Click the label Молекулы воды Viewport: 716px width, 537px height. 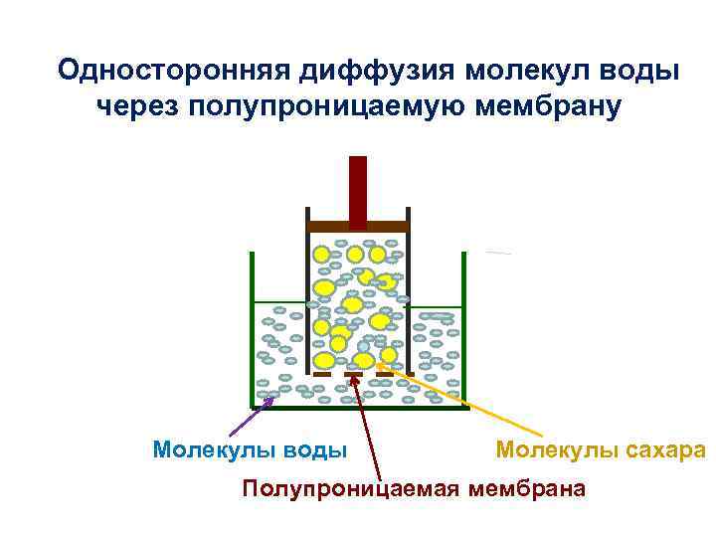pyautogui.click(x=250, y=449)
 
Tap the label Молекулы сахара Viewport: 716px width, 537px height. pyautogui.click(x=600, y=449)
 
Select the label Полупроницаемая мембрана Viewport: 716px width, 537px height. pyautogui.click(x=415, y=488)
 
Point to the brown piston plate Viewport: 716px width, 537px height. pyautogui.click(x=358, y=227)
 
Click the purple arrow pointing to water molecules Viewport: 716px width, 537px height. pyautogui.click(x=249, y=418)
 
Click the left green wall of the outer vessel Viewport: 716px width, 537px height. pyautogui.click(x=252, y=328)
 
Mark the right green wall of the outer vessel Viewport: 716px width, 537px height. pyautogui.click(x=464, y=328)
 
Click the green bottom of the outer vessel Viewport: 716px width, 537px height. pyautogui.click(x=358, y=407)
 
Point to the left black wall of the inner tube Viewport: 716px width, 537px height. pyautogui.click(x=307, y=298)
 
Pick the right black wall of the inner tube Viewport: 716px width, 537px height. pyautogui.click(x=409, y=298)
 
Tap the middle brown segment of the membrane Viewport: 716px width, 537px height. pyautogui.click(x=354, y=374)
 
